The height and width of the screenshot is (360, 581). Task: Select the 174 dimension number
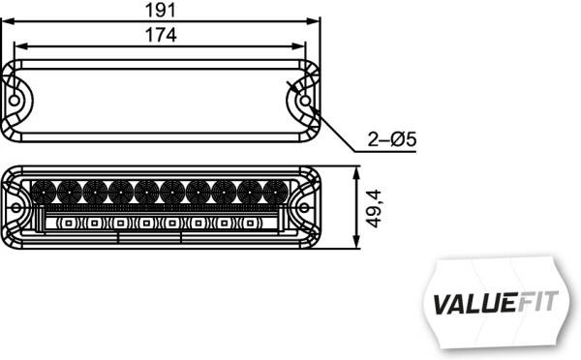(x=163, y=35)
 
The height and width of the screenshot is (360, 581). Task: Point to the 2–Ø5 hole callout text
(x=391, y=140)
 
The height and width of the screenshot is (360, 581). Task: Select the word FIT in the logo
(x=538, y=301)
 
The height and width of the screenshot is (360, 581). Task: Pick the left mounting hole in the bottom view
(x=17, y=206)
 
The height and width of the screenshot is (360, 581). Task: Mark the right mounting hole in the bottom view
(x=305, y=206)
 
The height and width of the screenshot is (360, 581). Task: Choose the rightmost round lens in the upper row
(x=276, y=192)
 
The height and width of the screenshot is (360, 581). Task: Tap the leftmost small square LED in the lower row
(x=69, y=224)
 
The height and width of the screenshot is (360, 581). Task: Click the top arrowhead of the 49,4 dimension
(x=360, y=171)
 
